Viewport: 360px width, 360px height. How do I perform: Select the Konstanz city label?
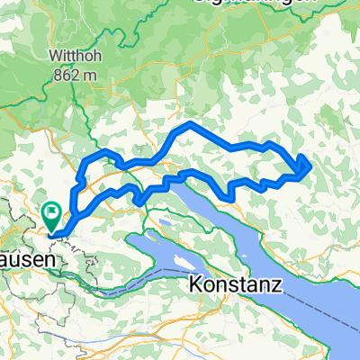tap(236, 285)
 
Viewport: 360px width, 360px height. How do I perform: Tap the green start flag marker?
tap(51, 216)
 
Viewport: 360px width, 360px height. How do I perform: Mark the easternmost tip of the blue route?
tap(311, 163)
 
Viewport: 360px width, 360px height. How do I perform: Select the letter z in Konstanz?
tap(277, 286)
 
